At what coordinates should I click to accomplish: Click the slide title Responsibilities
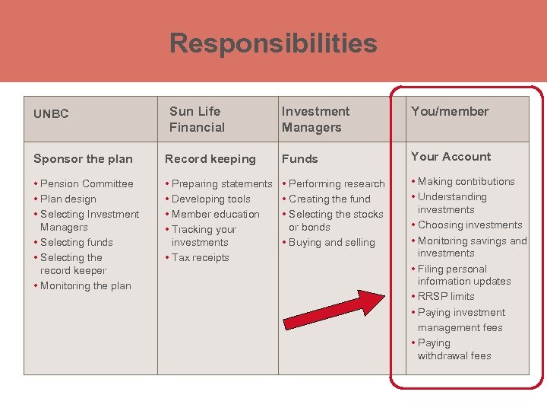click(273, 43)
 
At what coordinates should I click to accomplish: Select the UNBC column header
click(51, 114)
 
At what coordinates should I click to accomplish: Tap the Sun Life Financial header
click(197, 119)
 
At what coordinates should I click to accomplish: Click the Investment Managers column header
click(315, 119)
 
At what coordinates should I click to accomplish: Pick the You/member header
click(450, 111)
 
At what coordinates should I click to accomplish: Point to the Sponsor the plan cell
click(83, 159)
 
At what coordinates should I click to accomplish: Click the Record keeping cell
click(210, 159)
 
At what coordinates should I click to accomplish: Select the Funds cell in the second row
click(300, 159)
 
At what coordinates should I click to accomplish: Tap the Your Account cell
click(451, 157)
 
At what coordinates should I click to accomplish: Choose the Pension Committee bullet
click(86, 183)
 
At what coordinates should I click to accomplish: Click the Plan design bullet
click(68, 199)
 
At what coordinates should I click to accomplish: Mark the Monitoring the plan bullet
click(85, 285)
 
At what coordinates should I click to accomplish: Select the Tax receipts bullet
click(200, 257)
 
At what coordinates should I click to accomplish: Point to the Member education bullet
click(215, 214)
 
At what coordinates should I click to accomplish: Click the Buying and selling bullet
click(331, 242)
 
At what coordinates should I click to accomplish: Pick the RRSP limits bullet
click(446, 296)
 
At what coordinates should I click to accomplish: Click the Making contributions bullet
click(466, 181)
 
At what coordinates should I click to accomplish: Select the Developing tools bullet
click(210, 199)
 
